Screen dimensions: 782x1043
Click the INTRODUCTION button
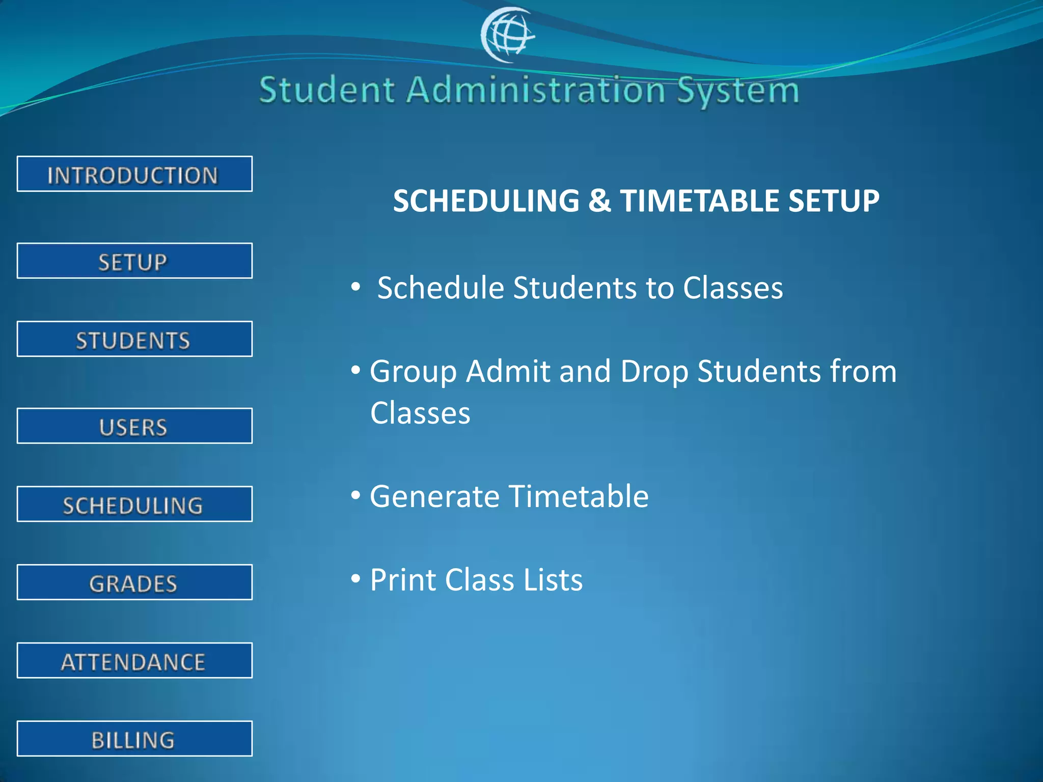pyautogui.click(x=134, y=174)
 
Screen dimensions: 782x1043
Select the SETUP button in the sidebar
pyautogui.click(x=134, y=261)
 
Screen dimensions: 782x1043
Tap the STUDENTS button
pyautogui.click(x=134, y=339)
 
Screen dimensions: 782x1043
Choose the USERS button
pyautogui.click(x=134, y=426)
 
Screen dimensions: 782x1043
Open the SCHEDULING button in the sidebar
pyautogui.click(x=134, y=505)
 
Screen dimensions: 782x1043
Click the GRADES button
pyautogui.click(x=134, y=582)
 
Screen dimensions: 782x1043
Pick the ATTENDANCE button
pyautogui.click(x=134, y=661)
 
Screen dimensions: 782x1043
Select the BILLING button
pyautogui.click(x=134, y=739)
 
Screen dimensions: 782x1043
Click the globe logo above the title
pyautogui.click(x=507, y=35)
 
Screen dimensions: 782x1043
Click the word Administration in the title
pyautogui.click(x=536, y=90)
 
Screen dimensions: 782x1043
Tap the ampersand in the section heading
pyautogui.click(x=599, y=201)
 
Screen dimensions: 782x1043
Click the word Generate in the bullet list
pyautogui.click(x=434, y=496)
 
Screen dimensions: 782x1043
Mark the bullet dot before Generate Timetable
pyautogui.click(x=356, y=495)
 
